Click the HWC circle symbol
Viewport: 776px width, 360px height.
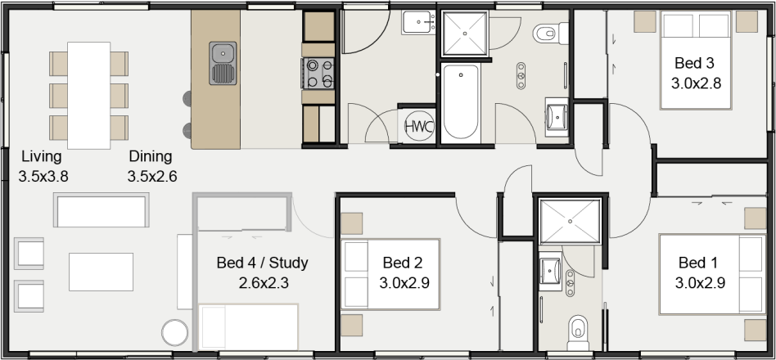tap(418, 126)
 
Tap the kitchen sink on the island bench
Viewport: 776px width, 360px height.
tap(223, 63)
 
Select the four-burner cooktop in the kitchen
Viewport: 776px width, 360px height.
tap(318, 73)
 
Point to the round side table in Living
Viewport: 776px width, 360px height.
tap(174, 332)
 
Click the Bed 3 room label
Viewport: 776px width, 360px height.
tap(694, 62)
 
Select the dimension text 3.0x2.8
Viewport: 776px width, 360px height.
tap(695, 83)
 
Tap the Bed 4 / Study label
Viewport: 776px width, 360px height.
tap(261, 263)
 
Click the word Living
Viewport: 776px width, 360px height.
tap(42, 155)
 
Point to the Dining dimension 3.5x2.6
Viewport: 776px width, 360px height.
tap(151, 176)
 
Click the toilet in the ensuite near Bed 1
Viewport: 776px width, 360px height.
tap(578, 327)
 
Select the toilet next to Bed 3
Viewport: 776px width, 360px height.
tap(544, 34)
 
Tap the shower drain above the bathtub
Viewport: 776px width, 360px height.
tap(465, 34)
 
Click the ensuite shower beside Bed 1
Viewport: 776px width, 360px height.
tap(569, 218)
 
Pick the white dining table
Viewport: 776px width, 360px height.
tap(89, 95)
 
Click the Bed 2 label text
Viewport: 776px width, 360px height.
tap(402, 263)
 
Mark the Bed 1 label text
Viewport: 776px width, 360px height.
tap(698, 263)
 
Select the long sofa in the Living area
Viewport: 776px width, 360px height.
tap(102, 210)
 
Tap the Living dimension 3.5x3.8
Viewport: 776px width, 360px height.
tap(43, 176)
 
